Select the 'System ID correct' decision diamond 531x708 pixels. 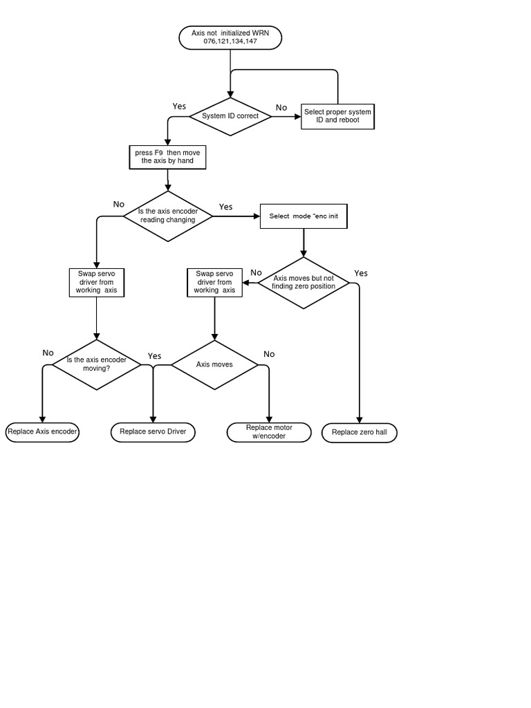(x=230, y=116)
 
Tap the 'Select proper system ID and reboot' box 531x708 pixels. (x=337, y=116)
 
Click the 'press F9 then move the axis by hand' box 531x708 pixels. (x=168, y=157)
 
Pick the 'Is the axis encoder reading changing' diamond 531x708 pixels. (x=167, y=216)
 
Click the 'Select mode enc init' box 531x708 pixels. (x=303, y=216)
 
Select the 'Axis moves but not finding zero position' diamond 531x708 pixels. (x=304, y=283)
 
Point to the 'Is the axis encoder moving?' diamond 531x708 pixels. (x=96, y=364)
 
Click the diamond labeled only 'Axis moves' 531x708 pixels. (x=214, y=364)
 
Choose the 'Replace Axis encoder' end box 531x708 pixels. (x=42, y=432)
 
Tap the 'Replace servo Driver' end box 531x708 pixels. (x=153, y=432)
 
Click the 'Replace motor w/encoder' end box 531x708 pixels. (x=269, y=432)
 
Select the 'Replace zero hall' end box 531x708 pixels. (x=360, y=433)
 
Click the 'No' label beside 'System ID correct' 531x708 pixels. (x=281, y=108)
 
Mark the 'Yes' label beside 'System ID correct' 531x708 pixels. (x=179, y=106)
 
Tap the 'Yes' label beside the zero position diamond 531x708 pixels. (x=361, y=273)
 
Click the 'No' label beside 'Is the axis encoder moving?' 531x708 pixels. (x=48, y=353)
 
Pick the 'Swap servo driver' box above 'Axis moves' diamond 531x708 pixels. (x=214, y=282)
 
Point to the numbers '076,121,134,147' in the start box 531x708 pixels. (x=230, y=41)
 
